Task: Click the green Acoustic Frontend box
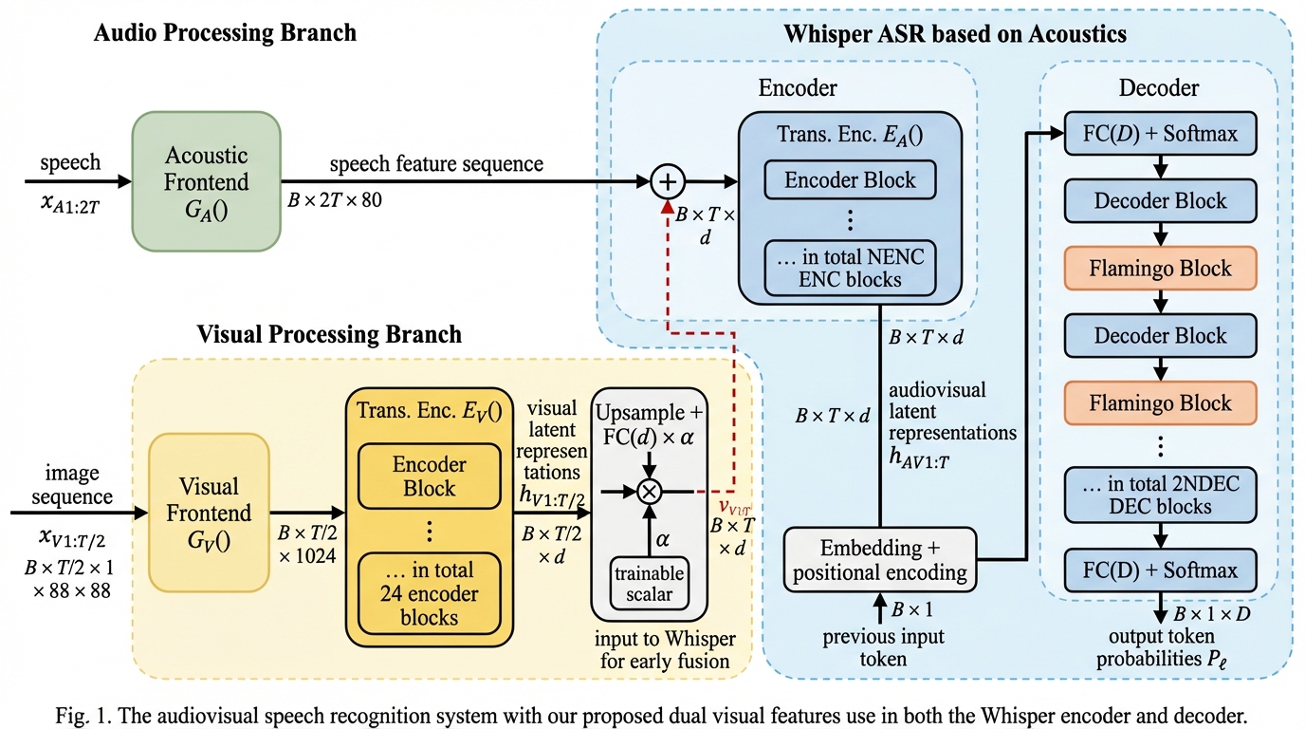pyautogui.click(x=207, y=180)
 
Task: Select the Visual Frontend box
pyautogui.click(x=209, y=513)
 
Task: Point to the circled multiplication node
pyautogui.click(x=650, y=492)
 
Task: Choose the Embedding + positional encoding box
pyautogui.click(x=879, y=560)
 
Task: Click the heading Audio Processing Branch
pyautogui.click(x=225, y=32)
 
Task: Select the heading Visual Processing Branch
pyautogui.click(x=329, y=334)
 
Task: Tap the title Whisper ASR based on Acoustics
pyautogui.click(x=954, y=35)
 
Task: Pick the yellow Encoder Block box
pyautogui.click(x=430, y=477)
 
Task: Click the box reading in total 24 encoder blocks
pyautogui.click(x=430, y=593)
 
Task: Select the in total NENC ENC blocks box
pyautogui.click(x=850, y=268)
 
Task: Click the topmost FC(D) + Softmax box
pyautogui.click(x=1161, y=134)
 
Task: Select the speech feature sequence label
pyautogui.click(x=436, y=164)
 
